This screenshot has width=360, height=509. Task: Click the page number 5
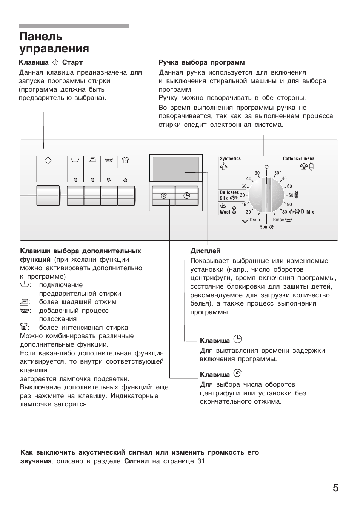pyautogui.click(x=335, y=488)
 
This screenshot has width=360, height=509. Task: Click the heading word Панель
pyautogui.click(x=41, y=37)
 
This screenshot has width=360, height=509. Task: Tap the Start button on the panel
pyautogui.click(x=48, y=195)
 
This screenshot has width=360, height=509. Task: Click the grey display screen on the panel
pyautogui.click(x=176, y=169)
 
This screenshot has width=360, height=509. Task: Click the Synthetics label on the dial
pyautogui.click(x=230, y=159)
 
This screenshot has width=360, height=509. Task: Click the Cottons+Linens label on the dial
pyautogui.click(x=298, y=159)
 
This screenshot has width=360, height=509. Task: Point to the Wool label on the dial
pyautogui.click(x=225, y=212)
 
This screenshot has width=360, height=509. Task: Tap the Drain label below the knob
pyautogui.click(x=255, y=220)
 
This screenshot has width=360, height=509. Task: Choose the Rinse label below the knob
pyautogui.click(x=278, y=220)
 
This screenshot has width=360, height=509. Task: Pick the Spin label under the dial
pyautogui.click(x=264, y=227)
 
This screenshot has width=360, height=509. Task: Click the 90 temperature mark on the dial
pyautogui.click(x=289, y=205)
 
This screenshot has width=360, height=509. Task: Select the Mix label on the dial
pyautogui.click(x=310, y=212)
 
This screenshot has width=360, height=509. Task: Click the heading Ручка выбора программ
pyautogui.click(x=202, y=62)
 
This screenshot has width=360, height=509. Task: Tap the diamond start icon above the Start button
pyautogui.click(x=48, y=160)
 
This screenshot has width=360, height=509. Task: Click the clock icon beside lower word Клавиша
pyautogui.click(x=237, y=339)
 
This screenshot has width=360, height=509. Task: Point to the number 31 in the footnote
pyautogui.click(x=201, y=461)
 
